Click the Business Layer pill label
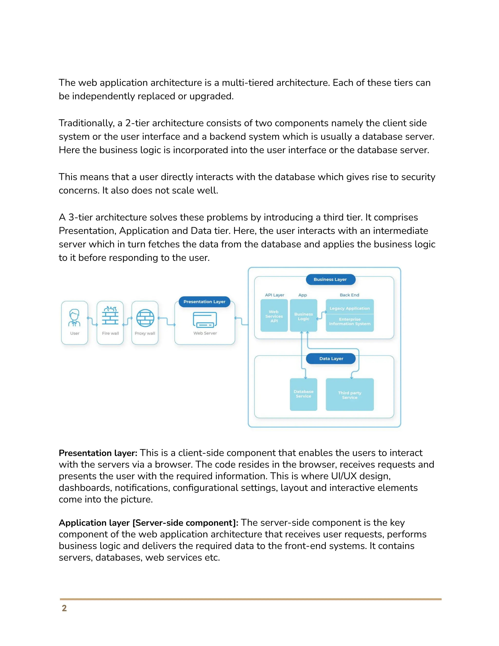tap(330, 280)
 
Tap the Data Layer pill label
tap(331, 359)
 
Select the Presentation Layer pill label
tap(204, 302)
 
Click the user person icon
tap(74, 318)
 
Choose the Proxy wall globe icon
tap(145, 318)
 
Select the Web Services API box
tap(274, 316)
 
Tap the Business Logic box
tap(304, 316)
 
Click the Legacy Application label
tap(350, 308)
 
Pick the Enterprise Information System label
tap(350, 322)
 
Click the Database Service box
tap(304, 394)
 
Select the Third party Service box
tap(350, 395)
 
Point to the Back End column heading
tap(349, 295)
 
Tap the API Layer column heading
tap(274, 295)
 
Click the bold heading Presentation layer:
tap(98, 453)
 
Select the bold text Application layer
tap(94, 523)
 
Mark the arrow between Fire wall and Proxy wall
tap(127, 321)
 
